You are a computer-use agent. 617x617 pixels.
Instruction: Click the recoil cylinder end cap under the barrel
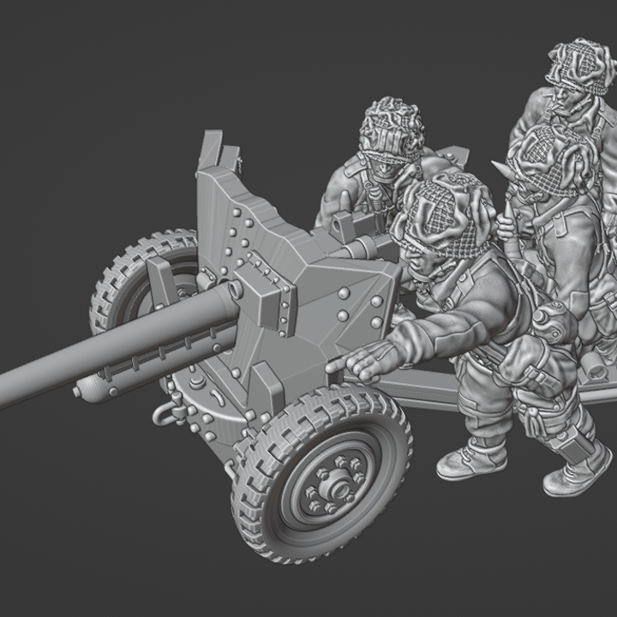80,392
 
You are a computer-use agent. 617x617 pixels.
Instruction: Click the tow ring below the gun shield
165,415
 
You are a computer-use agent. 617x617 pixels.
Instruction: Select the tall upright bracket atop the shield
213,154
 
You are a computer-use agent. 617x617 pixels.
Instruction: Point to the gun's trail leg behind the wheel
428,390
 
